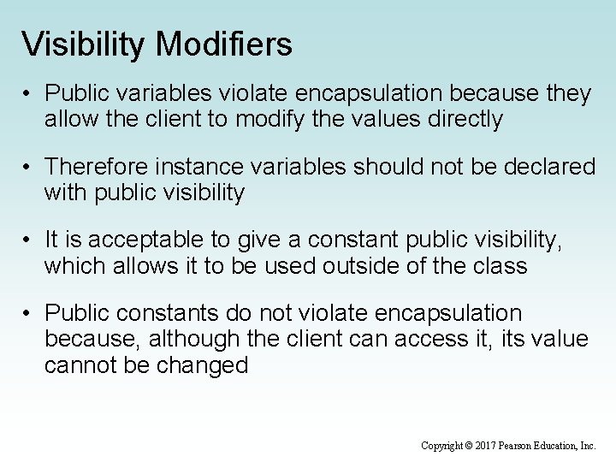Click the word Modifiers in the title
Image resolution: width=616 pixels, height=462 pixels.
[224, 44]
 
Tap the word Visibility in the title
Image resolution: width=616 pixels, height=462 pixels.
[83, 44]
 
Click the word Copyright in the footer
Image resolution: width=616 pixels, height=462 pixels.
[441, 446]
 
